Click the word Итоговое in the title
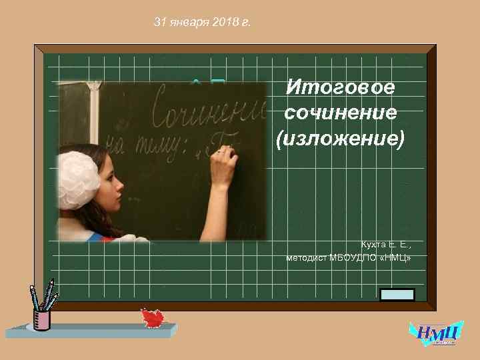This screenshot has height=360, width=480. click(340, 87)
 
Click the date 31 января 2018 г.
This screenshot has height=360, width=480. click(202, 23)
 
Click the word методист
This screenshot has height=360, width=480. click(307, 257)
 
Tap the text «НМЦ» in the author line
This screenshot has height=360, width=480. click(396, 257)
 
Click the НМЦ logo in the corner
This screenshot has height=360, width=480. click(435, 333)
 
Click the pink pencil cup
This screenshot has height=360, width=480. click(42, 319)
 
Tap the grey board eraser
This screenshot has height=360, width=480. click(397, 295)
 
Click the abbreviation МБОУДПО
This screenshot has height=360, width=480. click(355, 257)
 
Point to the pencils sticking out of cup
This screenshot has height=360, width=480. click(44, 296)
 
